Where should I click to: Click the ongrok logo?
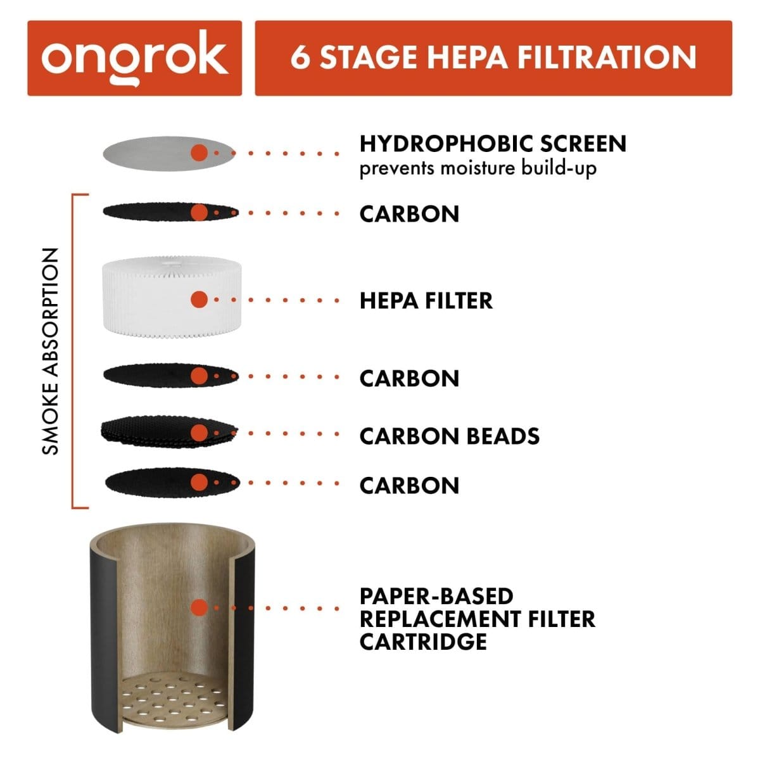click(x=134, y=58)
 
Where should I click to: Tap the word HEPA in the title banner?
click(x=467, y=57)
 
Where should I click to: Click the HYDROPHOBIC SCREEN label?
click(x=492, y=144)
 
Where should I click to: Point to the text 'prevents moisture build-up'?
click(x=478, y=168)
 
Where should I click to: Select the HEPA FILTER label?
click(x=426, y=300)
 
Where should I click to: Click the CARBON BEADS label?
click(x=449, y=436)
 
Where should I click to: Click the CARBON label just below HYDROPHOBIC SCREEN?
click(x=409, y=213)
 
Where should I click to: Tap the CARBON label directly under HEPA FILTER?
click(x=409, y=378)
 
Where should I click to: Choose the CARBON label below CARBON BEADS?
click(x=409, y=485)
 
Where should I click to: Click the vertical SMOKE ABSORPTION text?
click(x=50, y=351)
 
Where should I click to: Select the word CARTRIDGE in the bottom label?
click(x=422, y=641)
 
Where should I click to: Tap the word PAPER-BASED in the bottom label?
click(x=436, y=596)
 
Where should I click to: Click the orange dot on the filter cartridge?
click(x=199, y=608)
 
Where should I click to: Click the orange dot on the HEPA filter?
click(x=199, y=300)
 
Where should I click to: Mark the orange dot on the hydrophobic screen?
click(x=199, y=153)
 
